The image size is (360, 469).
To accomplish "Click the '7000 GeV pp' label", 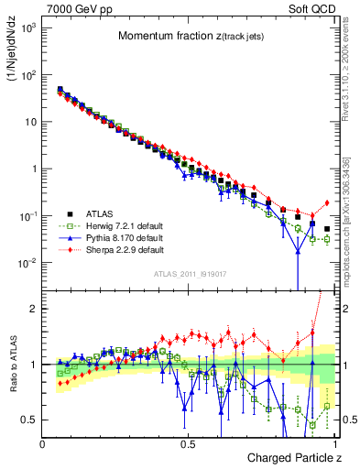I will [75, 7].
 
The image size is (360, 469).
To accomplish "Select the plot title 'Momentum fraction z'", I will [187, 37].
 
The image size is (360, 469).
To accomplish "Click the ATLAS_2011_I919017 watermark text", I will [189, 272].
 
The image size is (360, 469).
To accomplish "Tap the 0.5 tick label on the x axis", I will [188, 443].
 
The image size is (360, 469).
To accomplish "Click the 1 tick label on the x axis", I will [334, 443].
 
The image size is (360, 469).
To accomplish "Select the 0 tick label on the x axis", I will [43, 443].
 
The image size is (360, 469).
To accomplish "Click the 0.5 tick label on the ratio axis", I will [29, 420].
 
